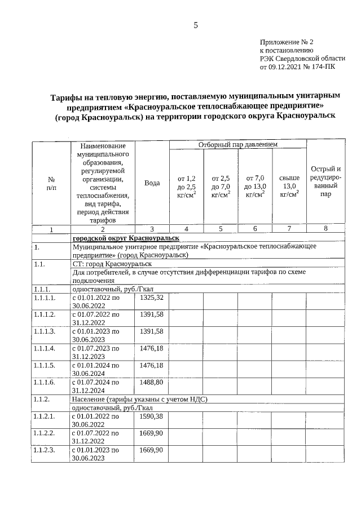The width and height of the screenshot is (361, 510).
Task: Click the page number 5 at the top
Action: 196,25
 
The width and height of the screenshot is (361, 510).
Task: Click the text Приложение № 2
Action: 286,42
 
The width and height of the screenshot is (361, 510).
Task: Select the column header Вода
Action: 152,183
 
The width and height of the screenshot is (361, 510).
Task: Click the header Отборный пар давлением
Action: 237,145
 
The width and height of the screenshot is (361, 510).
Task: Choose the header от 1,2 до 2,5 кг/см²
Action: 186,187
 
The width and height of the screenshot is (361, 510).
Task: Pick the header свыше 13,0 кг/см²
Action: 289,187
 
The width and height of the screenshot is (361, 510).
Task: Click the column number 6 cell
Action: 255,228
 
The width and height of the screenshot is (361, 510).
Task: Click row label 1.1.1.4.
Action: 45,348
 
